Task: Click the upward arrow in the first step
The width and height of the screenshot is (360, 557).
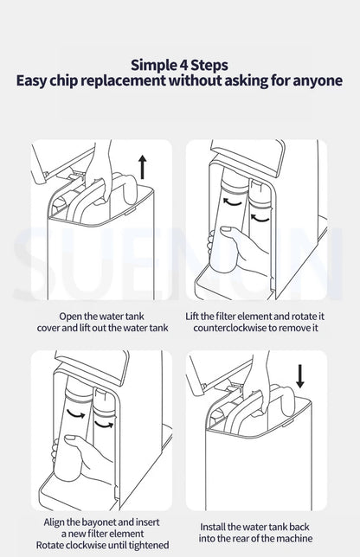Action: click(142, 167)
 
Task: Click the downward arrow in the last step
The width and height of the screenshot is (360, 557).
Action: click(300, 376)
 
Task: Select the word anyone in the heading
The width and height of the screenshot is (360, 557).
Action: click(318, 81)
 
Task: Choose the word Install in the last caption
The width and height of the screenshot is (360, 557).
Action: click(212, 527)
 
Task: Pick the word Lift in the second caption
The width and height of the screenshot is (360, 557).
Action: click(192, 317)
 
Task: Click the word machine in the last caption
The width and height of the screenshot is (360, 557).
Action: click(294, 539)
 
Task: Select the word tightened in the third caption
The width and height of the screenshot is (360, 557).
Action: click(149, 545)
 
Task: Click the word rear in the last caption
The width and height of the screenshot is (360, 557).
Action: click(247, 539)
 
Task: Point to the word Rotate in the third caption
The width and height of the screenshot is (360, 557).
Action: click(49, 545)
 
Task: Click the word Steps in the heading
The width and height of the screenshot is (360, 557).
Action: click(209, 66)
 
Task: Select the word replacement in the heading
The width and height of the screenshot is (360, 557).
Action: click(123, 80)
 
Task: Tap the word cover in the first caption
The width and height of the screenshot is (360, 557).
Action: click(48, 328)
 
